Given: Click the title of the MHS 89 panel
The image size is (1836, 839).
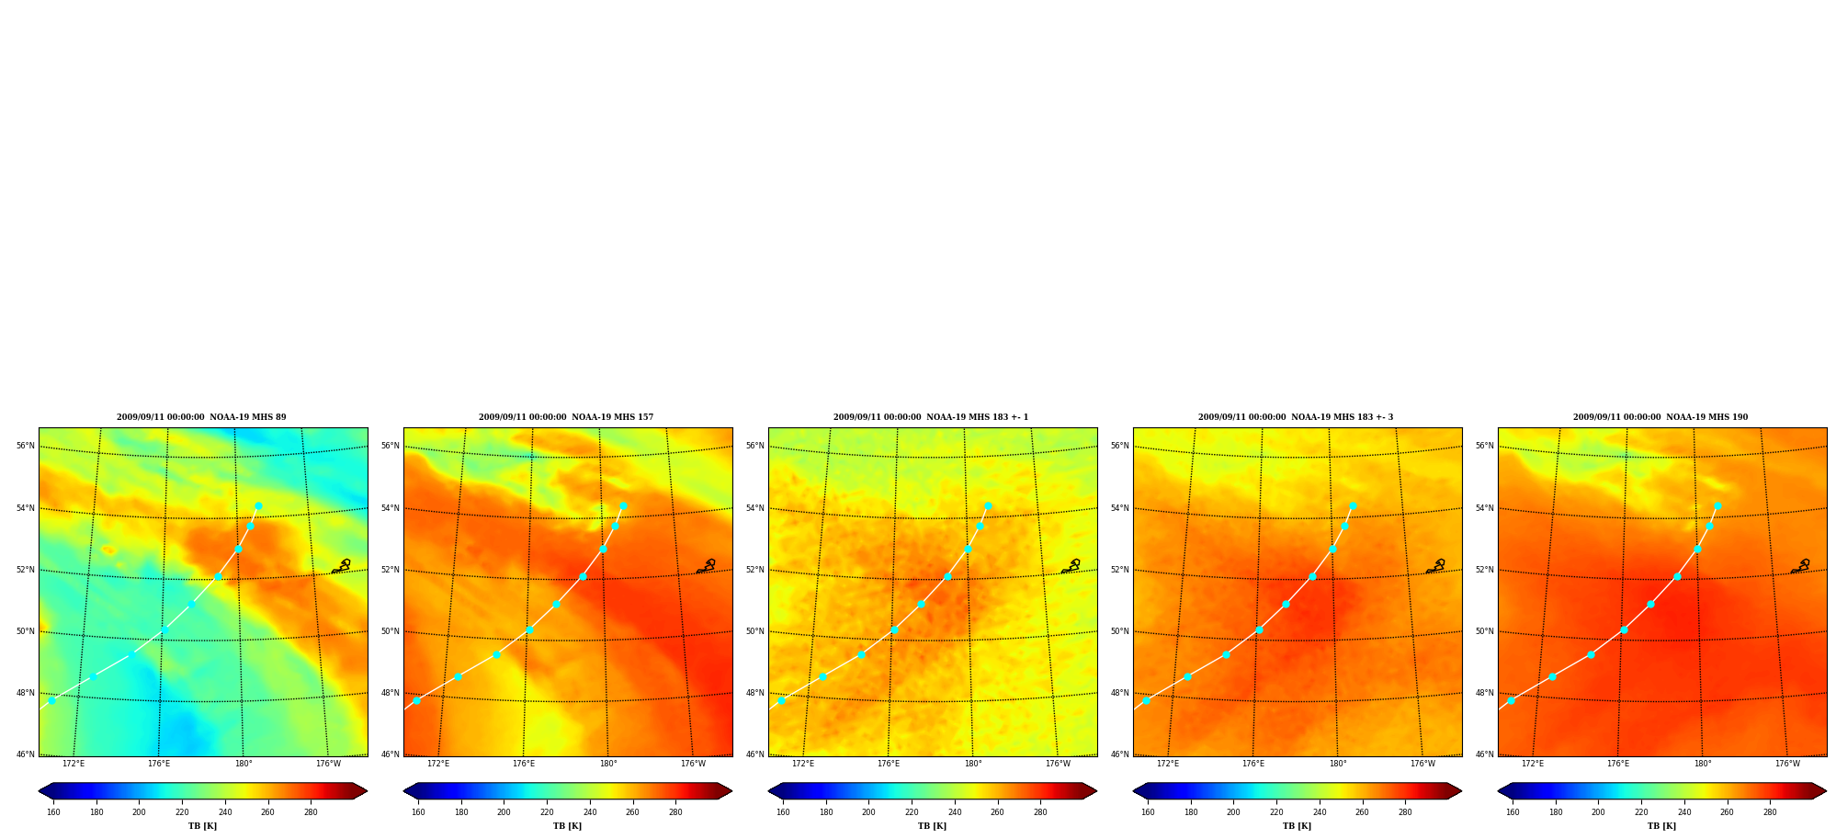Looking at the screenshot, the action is [x=201, y=417].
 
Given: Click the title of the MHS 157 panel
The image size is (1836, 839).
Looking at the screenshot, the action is [x=566, y=417].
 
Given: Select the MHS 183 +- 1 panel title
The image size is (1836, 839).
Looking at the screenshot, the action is [x=931, y=417].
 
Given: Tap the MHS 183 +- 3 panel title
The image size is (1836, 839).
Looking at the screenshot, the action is [x=1296, y=417].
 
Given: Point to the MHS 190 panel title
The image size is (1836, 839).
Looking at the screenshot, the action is [x=1660, y=417].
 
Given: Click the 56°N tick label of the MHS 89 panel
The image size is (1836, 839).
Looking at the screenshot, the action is [x=26, y=446].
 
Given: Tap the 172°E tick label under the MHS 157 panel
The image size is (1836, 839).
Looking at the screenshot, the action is [x=438, y=764].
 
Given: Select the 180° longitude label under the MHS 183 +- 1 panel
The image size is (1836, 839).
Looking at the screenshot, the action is [x=973, y=764].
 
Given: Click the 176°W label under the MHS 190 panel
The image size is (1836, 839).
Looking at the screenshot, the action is [x=1787, y=764].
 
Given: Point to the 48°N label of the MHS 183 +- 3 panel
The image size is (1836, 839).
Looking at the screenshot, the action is [x=1120, y=693].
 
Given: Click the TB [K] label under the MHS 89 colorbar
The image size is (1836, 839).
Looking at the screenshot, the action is [x=203, y=826].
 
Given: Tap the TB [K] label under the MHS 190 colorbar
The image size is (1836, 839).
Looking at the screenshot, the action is [x=1662, y=826].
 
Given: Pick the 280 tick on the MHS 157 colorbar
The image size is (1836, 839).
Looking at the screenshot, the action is [x=675, y=812].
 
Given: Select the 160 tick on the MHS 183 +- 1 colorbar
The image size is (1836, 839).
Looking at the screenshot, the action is [x=783, y=812].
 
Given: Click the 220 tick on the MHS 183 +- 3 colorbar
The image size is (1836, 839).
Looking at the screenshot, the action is [x=1276, y=812].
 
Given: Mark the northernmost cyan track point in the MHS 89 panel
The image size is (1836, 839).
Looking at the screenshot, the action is [x=258, y=506].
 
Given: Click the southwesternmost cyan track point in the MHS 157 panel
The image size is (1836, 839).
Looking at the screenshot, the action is [x=416, y=700].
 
